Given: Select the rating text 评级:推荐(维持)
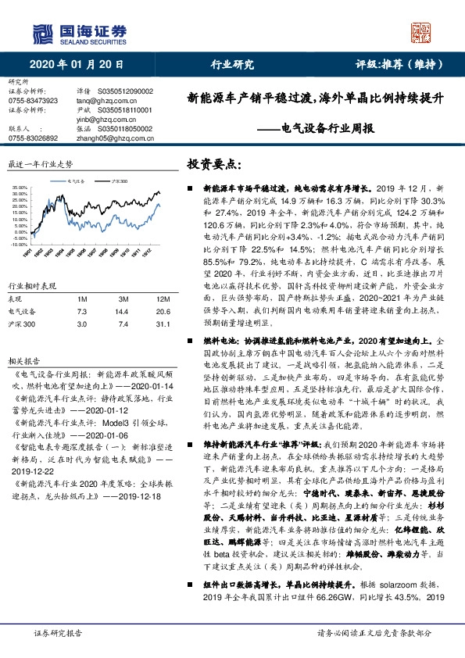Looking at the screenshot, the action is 399,65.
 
